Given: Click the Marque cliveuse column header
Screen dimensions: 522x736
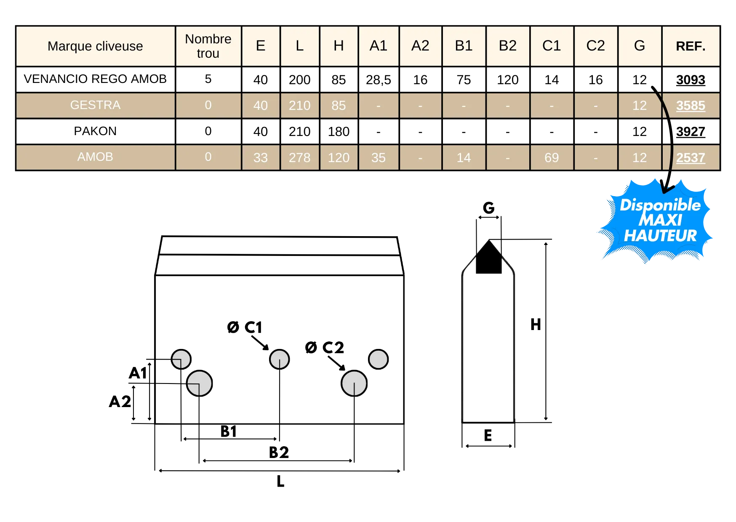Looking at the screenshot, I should (x=95, y=46).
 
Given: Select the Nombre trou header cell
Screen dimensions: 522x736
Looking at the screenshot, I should (x=208, y=46).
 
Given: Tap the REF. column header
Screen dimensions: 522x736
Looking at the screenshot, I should (x=691, y=46).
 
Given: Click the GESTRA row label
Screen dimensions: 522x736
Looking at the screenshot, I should (x=95, y=105).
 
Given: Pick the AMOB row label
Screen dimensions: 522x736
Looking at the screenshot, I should (x=95, y=157).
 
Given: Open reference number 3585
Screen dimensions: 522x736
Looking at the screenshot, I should (x=691, y=105).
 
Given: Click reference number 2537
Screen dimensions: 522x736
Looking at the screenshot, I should (x=691, y=157).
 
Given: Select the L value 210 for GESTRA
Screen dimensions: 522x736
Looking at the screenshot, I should (x=299, y=105).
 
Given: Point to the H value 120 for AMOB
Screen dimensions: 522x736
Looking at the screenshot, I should (x=339, y=157).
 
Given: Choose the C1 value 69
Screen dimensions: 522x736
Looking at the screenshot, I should (x=552, y=157).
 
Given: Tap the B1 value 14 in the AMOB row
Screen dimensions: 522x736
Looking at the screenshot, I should (x=464, y=157).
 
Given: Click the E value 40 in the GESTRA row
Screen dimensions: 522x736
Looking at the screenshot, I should (x=261, y=105).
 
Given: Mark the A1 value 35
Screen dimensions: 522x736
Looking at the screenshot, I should (x=378, y=157).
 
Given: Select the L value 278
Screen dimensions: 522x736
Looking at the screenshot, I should (x=299, y=157).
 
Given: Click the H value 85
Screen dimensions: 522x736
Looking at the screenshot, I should (x=339, y=105).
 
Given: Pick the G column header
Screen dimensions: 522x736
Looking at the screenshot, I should (x=639, y=46).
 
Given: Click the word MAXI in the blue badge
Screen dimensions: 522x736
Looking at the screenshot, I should (x=660, y=220).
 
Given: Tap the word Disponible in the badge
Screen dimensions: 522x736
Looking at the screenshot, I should (x=660, y=205).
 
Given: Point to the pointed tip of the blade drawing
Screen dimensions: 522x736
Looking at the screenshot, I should (x=488, y=239).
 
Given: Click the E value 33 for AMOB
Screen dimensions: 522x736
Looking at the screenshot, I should (x=261, y=157).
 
